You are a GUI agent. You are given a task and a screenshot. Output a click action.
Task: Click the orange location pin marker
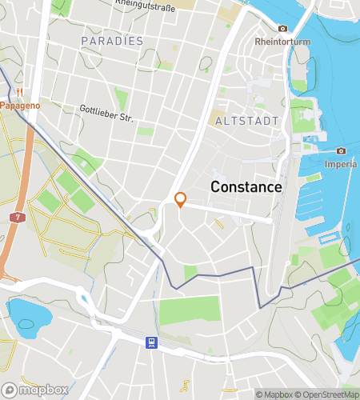(x=180, y=200)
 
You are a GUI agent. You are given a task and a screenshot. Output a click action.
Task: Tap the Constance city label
(x=246, y=187)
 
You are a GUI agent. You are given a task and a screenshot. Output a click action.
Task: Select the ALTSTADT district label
(x=247, y=121)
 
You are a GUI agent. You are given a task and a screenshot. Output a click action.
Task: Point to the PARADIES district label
(x=112, y=41)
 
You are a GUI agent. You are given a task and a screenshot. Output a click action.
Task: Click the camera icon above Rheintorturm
(x=282, y=29)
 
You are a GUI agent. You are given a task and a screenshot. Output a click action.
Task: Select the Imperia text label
(x=340, y=164)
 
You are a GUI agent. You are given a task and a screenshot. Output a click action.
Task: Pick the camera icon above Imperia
(x=341, y=151)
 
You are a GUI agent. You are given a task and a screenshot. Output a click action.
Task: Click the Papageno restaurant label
(x=20, y=105)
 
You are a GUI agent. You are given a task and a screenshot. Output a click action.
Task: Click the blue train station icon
(x=150, y=343)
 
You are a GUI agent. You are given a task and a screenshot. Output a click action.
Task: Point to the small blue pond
(x=23, y=314)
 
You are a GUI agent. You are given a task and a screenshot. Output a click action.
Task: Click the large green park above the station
(x=189, y=311)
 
